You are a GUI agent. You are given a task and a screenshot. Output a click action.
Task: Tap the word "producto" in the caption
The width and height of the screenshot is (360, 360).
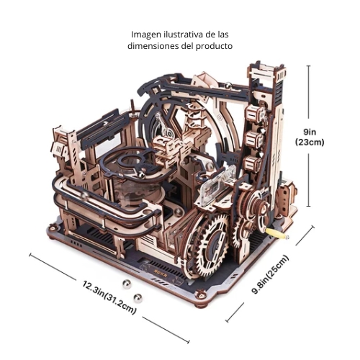[215, 46]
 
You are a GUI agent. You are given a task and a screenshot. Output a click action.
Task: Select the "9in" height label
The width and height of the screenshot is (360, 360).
[310, 132]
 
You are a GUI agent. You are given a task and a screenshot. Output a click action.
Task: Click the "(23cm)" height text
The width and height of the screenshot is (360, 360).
[310, 143]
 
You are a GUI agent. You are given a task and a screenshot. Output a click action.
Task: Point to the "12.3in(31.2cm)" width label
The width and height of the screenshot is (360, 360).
[109, 297]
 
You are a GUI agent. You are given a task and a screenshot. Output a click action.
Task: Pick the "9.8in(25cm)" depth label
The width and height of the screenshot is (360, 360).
[270, 274]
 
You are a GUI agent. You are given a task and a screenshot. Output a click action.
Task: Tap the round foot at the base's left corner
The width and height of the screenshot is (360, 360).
[52, 228]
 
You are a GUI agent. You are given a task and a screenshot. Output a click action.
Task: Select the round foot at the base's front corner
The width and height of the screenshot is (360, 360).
[200, 296]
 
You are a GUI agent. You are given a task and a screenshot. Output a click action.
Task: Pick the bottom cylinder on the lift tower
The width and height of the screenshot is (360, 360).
[252, 163]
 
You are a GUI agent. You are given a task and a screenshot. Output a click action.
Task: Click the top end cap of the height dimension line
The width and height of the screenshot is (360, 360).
[309, 66]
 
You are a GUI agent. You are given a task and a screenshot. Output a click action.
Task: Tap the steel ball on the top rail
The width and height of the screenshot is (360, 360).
[228, 85]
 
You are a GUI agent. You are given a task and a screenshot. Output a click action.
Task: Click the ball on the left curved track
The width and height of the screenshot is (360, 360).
[84, 196]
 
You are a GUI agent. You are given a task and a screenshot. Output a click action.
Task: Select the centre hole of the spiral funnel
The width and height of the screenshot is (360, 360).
[131, 159]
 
